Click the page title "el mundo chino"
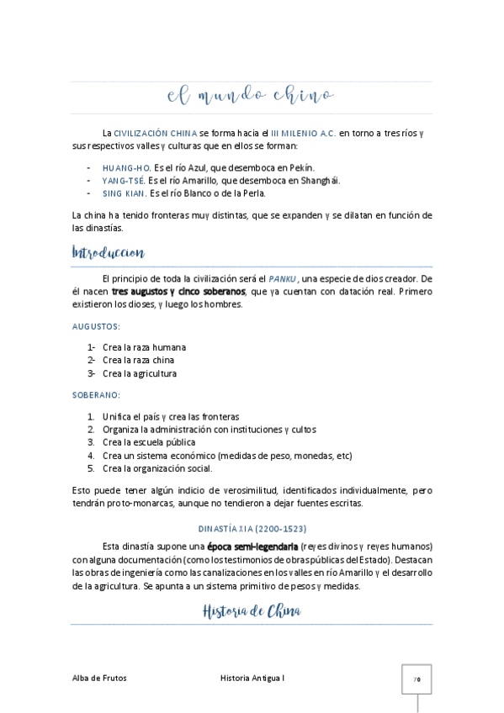251,97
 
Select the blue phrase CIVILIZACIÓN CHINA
156,133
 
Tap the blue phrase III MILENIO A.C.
304,133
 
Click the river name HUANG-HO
126,167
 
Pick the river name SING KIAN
124,193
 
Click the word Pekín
303,167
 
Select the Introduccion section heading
109,252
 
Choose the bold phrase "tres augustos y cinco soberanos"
178,291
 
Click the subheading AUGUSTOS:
96,325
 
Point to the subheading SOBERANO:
96,394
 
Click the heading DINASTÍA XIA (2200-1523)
252,529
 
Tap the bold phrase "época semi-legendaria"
252,545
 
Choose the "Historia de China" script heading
252,610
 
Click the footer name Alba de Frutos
100,678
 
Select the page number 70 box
416,679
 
